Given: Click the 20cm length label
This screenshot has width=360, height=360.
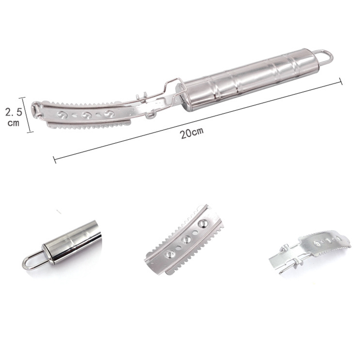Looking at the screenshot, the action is [x=192, y=133].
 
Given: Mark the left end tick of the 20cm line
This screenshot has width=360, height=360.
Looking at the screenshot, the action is [x=54, y=160].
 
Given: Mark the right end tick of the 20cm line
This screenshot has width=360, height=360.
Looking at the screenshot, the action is [x=341, y=81].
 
